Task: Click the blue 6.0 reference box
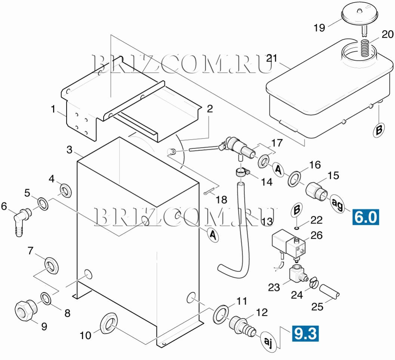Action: (365, 216)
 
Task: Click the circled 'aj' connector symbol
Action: (268, 341)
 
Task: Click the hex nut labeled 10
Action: (108, 322)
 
